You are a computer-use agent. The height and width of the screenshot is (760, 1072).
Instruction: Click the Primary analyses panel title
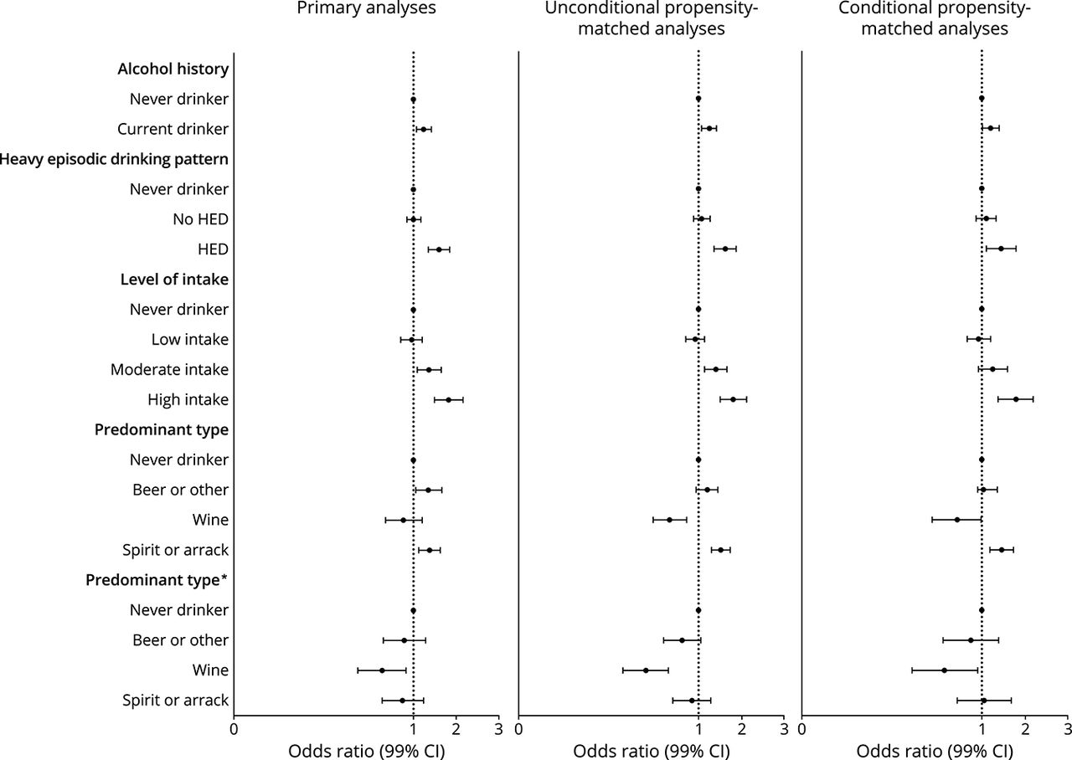click(x=366, y=9)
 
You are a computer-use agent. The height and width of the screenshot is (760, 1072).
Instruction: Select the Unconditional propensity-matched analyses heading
click(x=649, y=20)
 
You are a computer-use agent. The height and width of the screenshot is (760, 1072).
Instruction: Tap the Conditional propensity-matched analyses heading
click(x=933, y=20)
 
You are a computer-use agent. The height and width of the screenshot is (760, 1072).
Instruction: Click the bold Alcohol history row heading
click(x=173, y=69)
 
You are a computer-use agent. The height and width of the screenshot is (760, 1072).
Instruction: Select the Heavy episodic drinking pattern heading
click(x=115, y=159)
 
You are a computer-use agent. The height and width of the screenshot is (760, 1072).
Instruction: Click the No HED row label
click(x=199, y=219)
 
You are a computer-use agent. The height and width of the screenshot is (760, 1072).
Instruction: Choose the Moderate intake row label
click(x=169, y=370)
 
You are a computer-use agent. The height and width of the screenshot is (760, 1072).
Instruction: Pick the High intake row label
click(x=188, y=400)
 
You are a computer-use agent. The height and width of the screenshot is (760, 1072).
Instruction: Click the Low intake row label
click(x=190, y=340)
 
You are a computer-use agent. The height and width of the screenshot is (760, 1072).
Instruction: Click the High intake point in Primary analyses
click(x=448, y=400)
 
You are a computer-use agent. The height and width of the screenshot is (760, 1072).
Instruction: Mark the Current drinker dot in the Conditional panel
click(x=991, y=128)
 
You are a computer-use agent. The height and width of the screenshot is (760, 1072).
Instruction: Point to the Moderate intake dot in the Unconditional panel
click(x=715, y=369)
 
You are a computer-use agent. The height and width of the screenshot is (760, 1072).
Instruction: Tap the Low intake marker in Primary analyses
click(x=411, y=340)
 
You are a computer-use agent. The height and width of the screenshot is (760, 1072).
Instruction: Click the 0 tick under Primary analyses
click(x=234, y=728)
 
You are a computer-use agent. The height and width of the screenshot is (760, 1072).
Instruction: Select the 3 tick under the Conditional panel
click(x=1067, y=728)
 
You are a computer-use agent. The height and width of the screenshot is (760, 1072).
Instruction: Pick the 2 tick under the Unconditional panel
click(x=741, y=728)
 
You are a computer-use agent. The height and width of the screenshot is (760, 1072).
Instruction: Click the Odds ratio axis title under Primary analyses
click(x=366, y=750)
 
